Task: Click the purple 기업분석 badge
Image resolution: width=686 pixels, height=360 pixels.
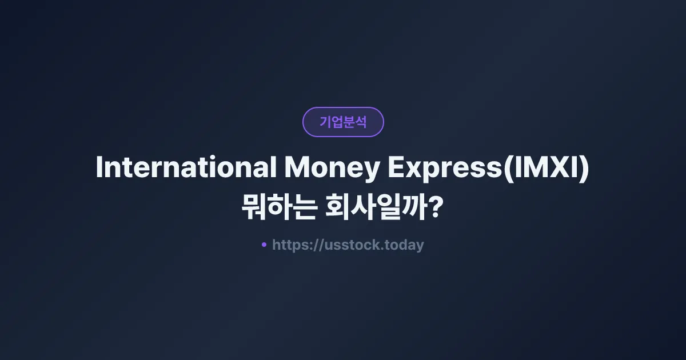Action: pos(343,122)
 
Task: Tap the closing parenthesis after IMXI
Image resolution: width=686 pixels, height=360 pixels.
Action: pos(584,168)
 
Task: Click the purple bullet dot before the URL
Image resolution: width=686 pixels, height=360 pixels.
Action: pos(264,245)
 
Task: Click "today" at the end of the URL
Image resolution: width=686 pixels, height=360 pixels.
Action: pos(405,245)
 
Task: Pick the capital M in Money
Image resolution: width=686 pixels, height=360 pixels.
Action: pos(297,167)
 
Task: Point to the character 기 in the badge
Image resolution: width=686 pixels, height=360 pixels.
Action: pos(325,122)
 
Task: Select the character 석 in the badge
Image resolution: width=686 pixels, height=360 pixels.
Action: pos(361,122)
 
